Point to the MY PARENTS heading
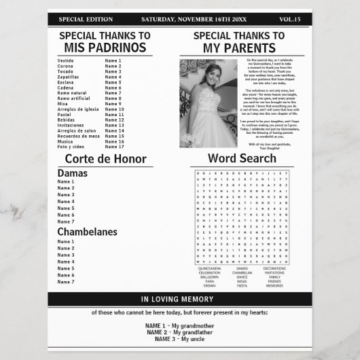click(239, 47)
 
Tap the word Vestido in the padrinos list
click(66, 60)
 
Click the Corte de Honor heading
click(105, 160)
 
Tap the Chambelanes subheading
click(87, 232)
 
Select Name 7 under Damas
click(66, 221)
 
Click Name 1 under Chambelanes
click(66, 242)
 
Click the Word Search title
click(242, 158)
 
